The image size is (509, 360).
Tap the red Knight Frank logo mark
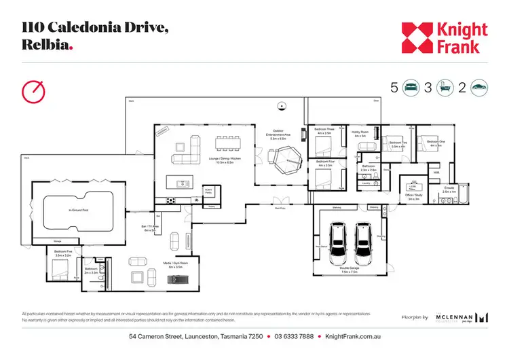point(417,38)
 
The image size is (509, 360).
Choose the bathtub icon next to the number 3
point(445,87)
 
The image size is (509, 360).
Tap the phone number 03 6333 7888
point(294,338)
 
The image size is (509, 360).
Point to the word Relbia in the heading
point(45,45)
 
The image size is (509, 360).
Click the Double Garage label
point(350,270)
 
